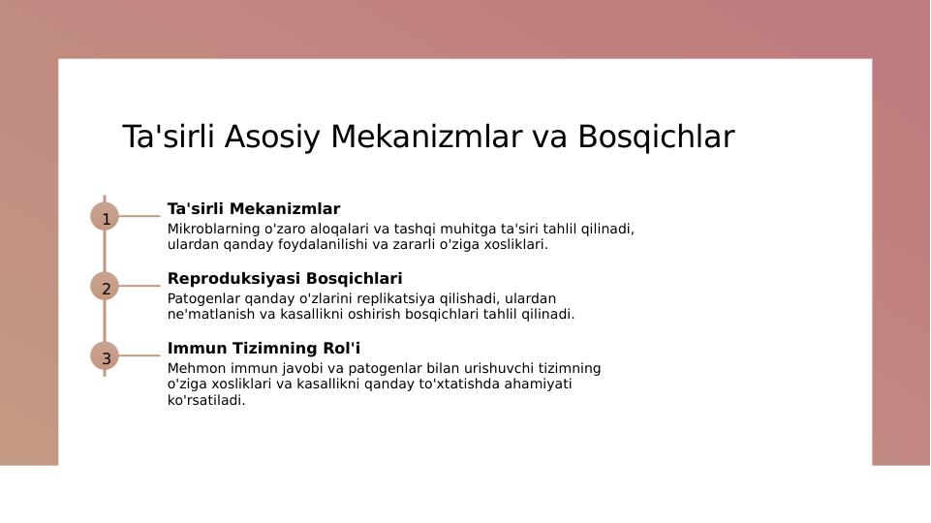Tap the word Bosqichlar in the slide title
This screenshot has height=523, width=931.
coord(656,138)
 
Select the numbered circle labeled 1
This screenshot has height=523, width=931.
coord(105,217)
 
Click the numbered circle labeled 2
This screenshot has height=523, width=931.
coord(105,287)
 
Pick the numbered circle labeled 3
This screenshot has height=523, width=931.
coord(105,356)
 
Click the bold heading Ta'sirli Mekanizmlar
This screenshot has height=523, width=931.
coord(254,209)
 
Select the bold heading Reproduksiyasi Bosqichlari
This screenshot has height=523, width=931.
coord(285,279)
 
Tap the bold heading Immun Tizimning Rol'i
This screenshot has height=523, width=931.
coord(264,349)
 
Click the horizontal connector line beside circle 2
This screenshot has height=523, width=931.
coord(140,287)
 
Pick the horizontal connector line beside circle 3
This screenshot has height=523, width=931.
coord(140,356)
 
